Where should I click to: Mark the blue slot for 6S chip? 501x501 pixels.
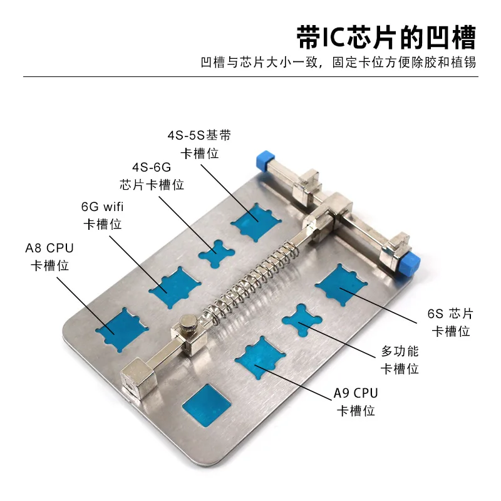point(342,285)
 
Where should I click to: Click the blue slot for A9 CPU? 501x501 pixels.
point(262,360)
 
